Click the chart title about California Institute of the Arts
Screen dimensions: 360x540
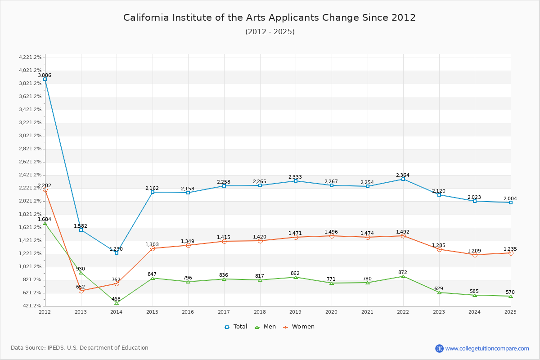coord(270,18)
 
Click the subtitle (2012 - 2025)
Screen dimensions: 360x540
coord(270,32)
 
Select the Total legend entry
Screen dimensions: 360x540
coord(236,327)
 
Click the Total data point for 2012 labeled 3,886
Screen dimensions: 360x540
coord(45,79)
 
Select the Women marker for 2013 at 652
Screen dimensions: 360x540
coord(81,291)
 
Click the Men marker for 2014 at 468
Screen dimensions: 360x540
coord(117,303)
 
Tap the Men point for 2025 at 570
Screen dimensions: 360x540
coord(510,296)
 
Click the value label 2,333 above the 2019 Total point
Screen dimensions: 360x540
coord(295,177)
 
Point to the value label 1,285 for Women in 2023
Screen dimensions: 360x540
coord(439,246)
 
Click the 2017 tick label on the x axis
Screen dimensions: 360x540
coord(224,312)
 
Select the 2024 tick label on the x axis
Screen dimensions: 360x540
coord(475,312)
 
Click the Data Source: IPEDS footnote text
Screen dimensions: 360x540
coord(80,348)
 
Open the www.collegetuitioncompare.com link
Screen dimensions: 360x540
coord(487,348)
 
